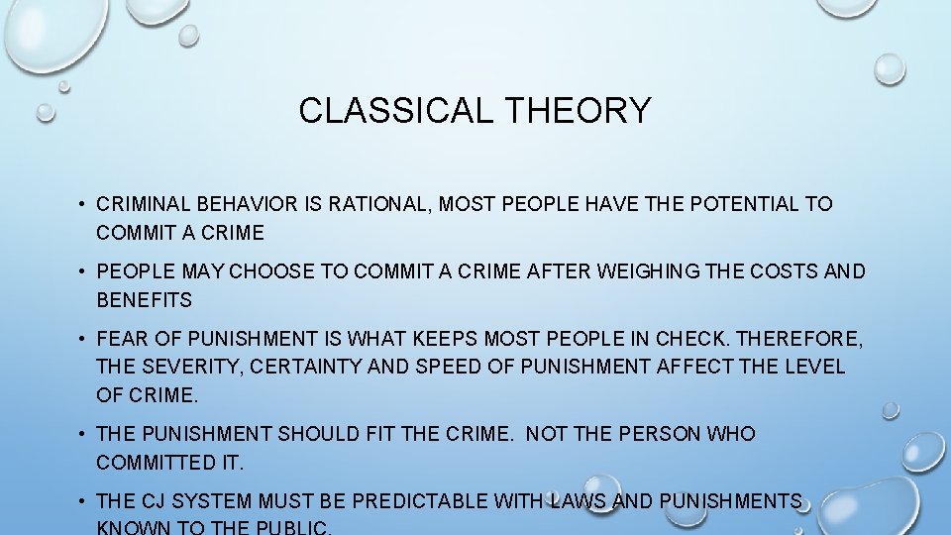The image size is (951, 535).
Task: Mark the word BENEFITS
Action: pyautogui.click(x=145, y=299)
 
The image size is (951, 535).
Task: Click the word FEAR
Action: pyautogui.click(x=121, y=339)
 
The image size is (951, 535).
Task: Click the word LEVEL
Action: pyautogui.click(x=813, y=367)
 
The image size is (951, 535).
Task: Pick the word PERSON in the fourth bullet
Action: pyautogui.click(x=656, y=434)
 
